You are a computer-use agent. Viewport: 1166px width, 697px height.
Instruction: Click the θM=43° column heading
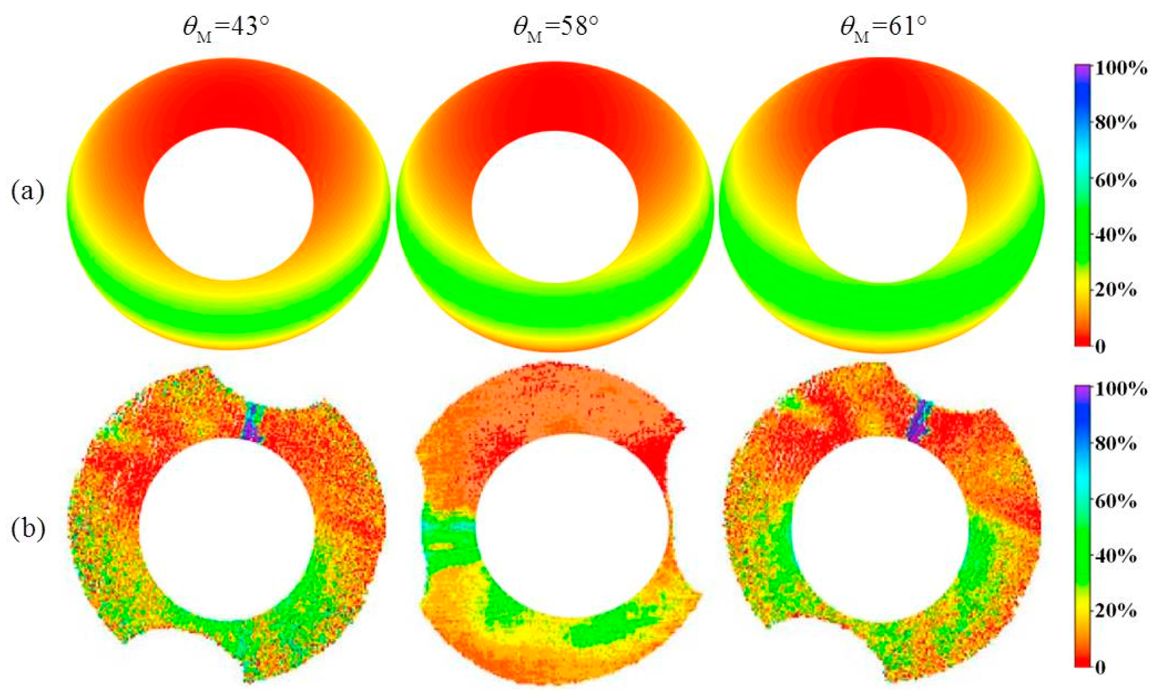coord(226,28)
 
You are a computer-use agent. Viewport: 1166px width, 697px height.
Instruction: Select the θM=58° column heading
coord(556,28)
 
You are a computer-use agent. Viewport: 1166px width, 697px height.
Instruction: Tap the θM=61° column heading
coord(883,28)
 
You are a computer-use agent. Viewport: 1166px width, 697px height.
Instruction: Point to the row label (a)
coord(28,191)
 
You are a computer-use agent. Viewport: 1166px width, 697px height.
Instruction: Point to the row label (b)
coord(28,529)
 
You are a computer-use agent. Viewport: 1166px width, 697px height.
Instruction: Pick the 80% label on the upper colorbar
coord(1116,123)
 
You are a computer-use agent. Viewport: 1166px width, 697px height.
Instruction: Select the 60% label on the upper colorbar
coord(1116,181)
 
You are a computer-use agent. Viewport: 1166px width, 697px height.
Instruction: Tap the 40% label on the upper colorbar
coord(1116,236)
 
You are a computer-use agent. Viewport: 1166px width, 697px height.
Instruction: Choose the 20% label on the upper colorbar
coord(1116,290)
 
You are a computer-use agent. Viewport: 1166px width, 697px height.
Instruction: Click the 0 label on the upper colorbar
coord(1100,347)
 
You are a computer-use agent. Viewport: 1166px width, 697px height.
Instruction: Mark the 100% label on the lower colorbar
coord(1121,389)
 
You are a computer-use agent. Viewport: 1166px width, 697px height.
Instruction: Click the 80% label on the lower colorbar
coord(1116,444)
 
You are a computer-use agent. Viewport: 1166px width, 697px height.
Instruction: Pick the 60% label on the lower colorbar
coord(1116,501)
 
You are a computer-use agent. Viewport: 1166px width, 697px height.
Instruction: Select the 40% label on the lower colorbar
coord(1116,557)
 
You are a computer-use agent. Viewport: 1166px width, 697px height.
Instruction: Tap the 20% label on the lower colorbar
coord(1116,611)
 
